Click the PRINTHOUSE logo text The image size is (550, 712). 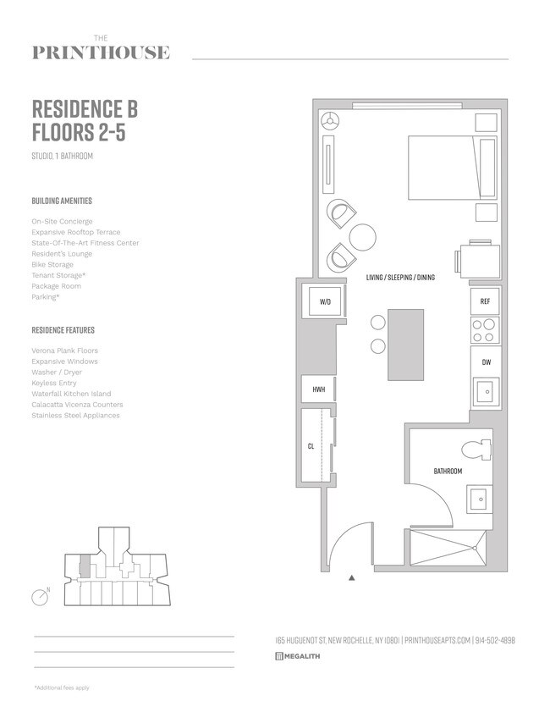tap(101, 52)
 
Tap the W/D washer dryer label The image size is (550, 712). tap(325, 302)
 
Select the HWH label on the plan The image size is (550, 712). tap(319, 389)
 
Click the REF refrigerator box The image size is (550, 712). tap(485, 301)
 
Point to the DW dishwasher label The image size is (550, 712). tap(485, 362)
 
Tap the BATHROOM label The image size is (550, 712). tap(448, 472)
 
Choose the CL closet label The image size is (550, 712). tap(311, 447)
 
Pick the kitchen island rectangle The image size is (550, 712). tap(406, 345)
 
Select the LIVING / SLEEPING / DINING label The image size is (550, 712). tap(400, 278)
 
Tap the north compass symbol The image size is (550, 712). tap(40, 597)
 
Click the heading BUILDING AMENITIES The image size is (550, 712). tap(62, 201)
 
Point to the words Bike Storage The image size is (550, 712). tap(52, 265)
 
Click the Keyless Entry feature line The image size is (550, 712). tap(55, 383)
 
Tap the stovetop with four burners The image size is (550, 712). tap(483, 330)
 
